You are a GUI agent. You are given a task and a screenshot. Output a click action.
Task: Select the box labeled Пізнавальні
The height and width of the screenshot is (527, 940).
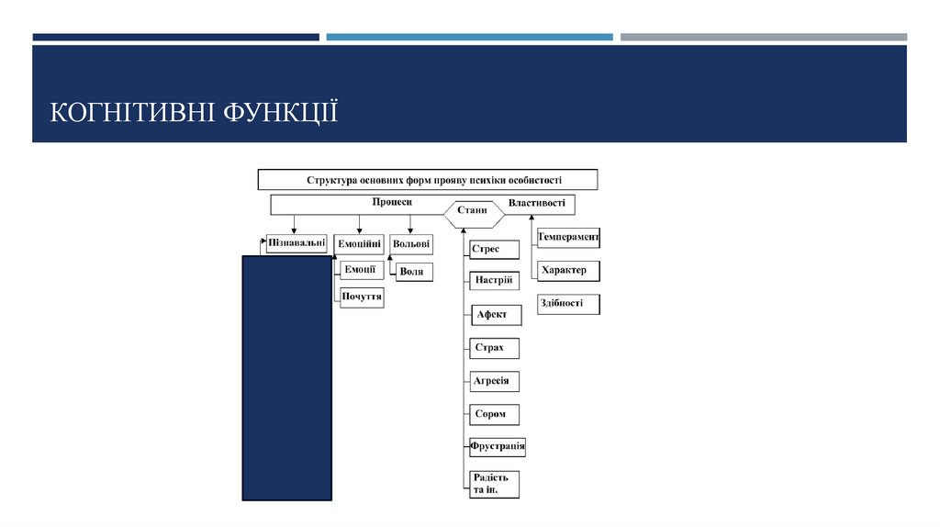(296, 244)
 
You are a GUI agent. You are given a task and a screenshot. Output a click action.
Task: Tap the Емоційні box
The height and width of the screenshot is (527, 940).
(359, 244)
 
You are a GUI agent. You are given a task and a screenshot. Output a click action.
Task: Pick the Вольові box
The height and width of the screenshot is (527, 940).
(410, 244)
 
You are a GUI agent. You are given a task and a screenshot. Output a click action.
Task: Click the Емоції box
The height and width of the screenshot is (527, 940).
(360, 270)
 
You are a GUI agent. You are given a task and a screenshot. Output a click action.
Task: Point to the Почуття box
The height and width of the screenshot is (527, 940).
(362, 297)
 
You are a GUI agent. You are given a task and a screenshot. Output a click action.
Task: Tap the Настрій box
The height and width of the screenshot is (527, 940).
(494, 280)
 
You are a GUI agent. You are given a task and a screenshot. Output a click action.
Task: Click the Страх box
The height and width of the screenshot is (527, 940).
(494, 348)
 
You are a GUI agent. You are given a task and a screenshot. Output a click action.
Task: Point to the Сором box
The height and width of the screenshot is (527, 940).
(494, 414)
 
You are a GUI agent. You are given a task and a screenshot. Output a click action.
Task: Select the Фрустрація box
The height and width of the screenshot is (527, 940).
(498, 448)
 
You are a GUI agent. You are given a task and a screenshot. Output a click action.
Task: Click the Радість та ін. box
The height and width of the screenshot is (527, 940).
(494, 484)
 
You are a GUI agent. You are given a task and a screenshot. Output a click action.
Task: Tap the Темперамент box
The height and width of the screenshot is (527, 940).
(567, 238)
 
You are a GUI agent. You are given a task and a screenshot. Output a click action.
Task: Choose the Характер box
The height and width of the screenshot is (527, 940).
(567, 271)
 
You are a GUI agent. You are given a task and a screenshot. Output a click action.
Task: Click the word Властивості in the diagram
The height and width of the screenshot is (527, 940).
(536, 203)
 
